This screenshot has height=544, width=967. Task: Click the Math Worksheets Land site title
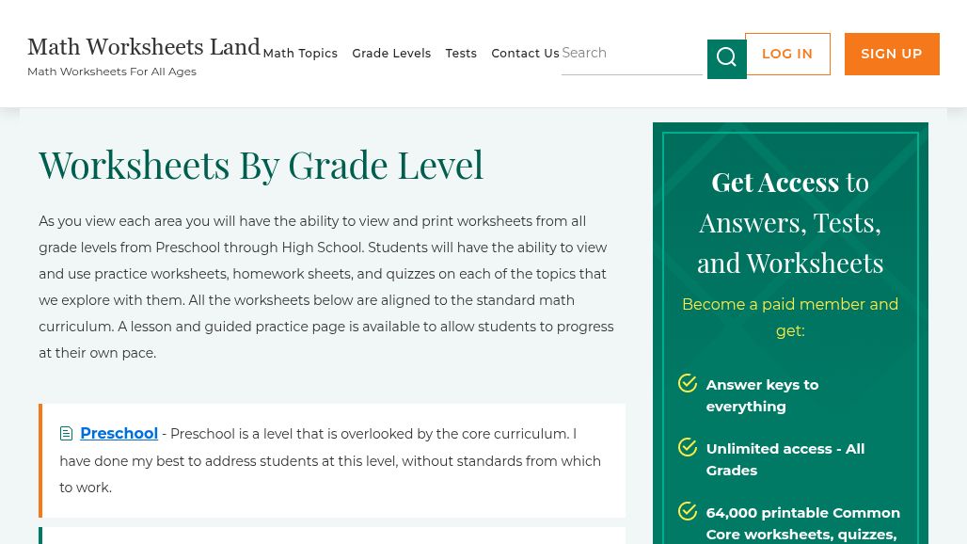pos(143,47)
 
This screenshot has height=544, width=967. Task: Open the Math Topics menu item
pos(300,54)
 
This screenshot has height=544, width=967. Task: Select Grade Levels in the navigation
pos(391,54)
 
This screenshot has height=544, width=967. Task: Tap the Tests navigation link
pos(461,54)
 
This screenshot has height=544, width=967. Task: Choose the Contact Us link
pos(525,54)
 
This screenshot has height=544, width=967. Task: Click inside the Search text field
pos(630,54)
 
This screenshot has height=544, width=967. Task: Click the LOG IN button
pos(787,55)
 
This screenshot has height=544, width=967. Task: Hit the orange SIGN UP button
pos(891,55)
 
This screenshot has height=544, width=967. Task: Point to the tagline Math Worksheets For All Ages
pos(112,72)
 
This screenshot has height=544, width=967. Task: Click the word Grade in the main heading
pos(338,166)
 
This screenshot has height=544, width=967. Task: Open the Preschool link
pos(119,434)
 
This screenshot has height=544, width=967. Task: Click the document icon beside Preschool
pos(67,434)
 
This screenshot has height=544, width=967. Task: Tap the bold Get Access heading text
pos(774,182)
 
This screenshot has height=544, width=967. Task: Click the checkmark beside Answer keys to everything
pos(688,383)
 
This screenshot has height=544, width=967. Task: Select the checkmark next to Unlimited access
pos(688,447)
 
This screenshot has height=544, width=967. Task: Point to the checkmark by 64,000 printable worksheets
pos(688,511)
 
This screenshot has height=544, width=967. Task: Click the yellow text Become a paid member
pos(789,305)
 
